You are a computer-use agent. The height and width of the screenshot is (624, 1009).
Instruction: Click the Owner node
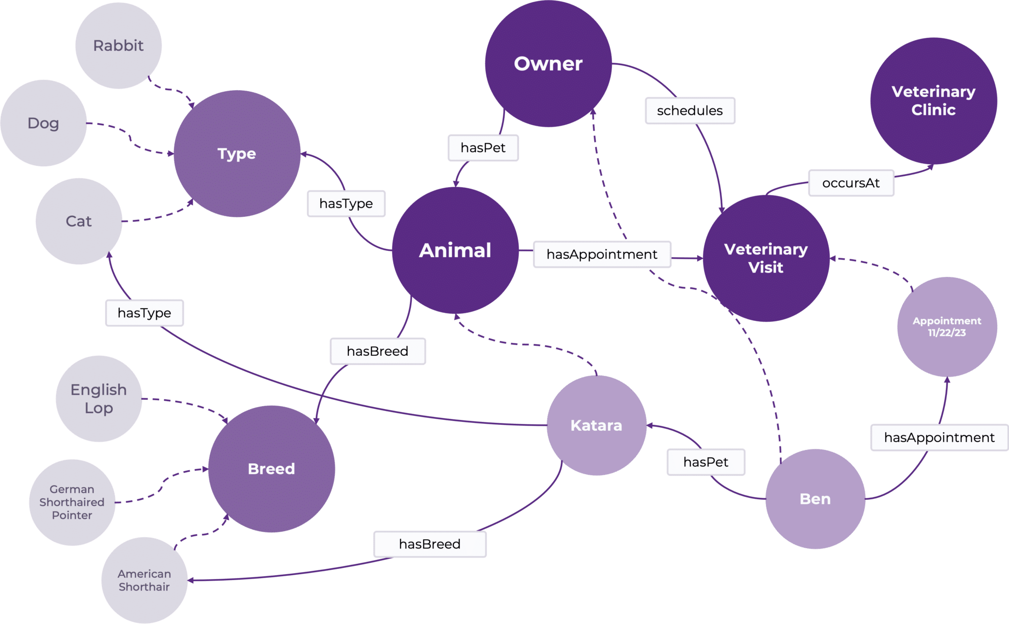pos(548,64)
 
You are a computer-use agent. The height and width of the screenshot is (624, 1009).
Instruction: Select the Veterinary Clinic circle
pos(933,101)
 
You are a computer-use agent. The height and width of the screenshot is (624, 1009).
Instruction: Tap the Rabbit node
pos(118,46)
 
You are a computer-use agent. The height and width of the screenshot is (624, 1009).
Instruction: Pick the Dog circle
pos(43,123)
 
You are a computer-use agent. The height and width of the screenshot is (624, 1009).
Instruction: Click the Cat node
pos(79,221)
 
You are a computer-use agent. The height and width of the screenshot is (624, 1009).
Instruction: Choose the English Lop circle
pos(99,399)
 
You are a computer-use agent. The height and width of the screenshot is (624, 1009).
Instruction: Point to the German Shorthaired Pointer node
pos(72,502)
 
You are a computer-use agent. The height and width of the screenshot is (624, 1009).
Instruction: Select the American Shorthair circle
pos(144,580)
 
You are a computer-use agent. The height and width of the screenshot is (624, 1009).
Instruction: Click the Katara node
pos(596,425)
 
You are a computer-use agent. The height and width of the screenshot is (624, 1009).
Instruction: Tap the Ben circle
pos(815,499)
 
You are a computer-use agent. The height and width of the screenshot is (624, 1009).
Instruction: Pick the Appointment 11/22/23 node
pos(946,327)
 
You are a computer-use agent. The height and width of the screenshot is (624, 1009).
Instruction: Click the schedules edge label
pos(690,111)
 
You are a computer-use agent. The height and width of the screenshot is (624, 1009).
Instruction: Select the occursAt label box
pos(851,183)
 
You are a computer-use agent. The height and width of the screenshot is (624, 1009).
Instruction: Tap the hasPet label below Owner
pos(483,148)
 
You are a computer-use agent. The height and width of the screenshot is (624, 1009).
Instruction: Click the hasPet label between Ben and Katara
pos(706,462)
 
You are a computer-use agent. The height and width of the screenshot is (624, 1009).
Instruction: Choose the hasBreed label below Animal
pos(377,351)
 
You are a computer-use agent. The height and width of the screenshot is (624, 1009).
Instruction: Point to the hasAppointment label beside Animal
pos(602,254)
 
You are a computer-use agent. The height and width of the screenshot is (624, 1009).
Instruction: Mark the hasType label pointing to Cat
pos(144,313)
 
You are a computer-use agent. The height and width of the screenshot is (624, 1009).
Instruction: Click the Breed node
pos(271,469)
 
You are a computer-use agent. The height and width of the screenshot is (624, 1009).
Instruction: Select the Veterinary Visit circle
pos(766,258)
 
